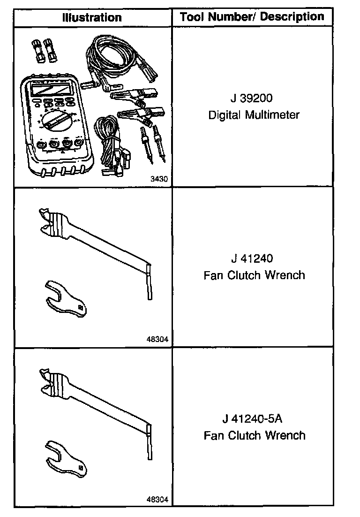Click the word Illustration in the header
coord(92,18)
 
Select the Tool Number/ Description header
coord(252,17)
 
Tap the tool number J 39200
coord(252,99)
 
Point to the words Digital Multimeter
coord(254,115)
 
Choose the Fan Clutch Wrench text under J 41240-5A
coord(254,435)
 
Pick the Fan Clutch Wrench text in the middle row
coord(254,275)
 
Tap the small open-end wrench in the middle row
coord(66,299)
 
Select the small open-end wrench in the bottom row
coord(66,460)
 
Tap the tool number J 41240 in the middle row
coord(252,258)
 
